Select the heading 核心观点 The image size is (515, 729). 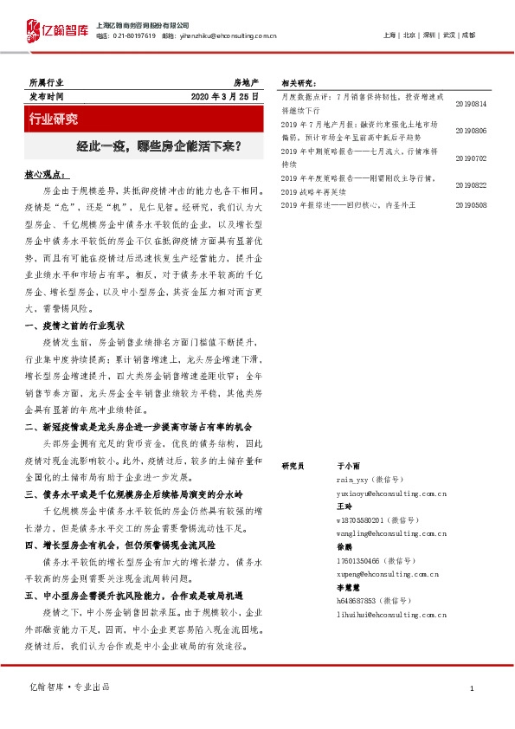[x=47, y=174]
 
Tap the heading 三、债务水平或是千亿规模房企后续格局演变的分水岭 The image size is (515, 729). [x=136, y=494]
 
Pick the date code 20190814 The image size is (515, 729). [x=471, y=104]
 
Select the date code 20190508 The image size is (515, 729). [x=471, y=206]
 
